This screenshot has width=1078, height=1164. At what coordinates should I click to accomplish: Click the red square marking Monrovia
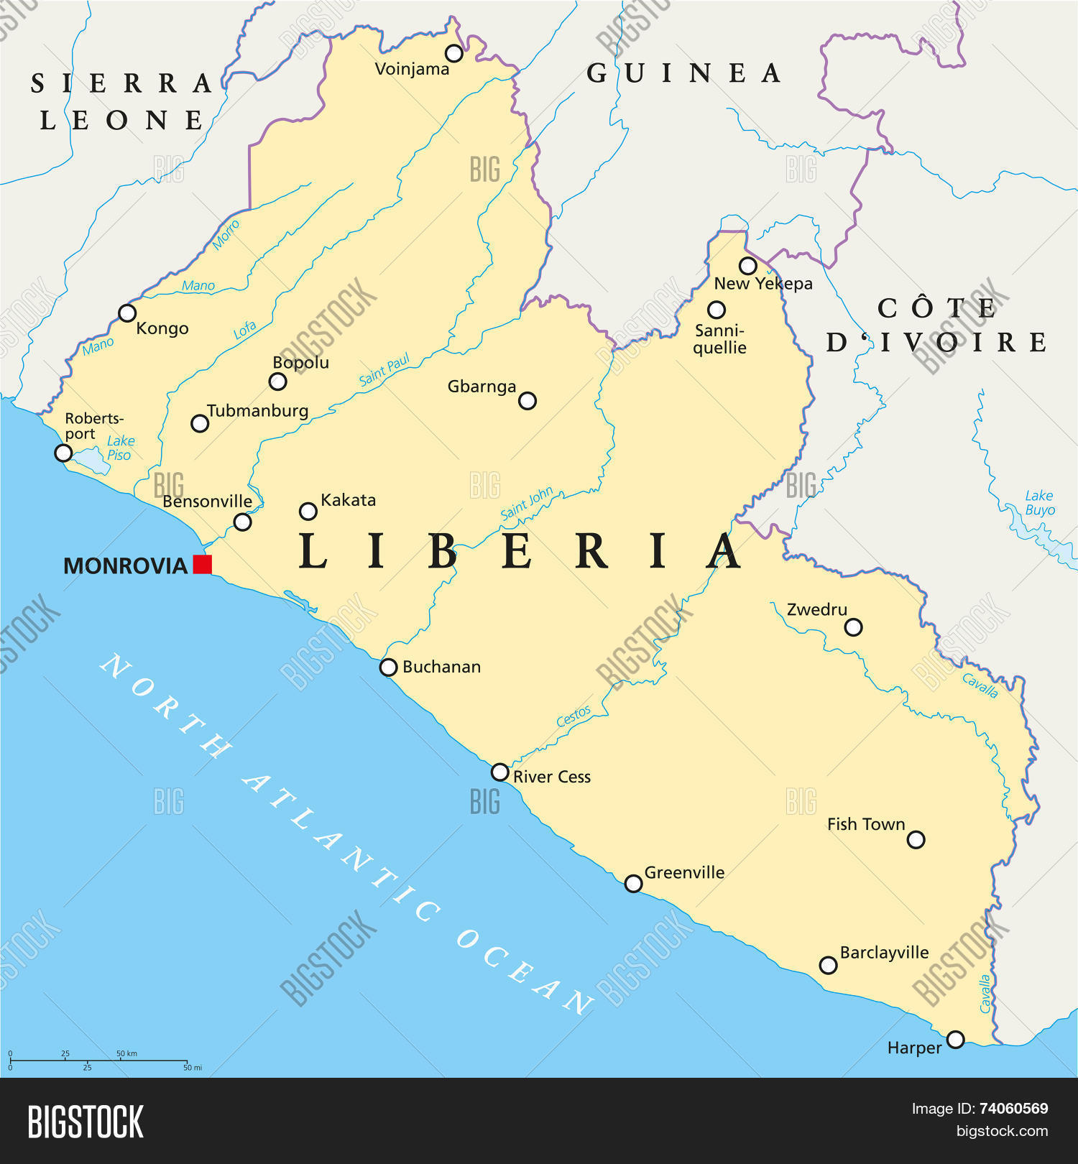tap(203, 565)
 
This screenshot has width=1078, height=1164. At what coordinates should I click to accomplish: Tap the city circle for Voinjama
tap(453, 53)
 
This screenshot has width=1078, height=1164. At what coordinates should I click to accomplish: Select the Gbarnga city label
tap(482, 387)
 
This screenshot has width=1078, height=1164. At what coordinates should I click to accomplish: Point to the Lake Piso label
tap(120, 448)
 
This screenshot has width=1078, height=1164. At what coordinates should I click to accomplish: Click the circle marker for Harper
tap(955, 1039)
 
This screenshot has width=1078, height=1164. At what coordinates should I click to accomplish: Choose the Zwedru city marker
tap(853, 627)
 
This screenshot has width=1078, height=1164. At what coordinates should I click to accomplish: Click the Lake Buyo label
tap(1039, 502)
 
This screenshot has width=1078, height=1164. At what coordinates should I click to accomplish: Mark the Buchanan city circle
tap(388, 668)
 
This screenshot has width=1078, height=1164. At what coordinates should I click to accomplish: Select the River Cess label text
tap(551, 777)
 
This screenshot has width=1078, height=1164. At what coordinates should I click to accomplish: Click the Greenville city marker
tap(633, 883)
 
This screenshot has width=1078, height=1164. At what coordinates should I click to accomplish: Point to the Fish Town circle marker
tap(916, 839)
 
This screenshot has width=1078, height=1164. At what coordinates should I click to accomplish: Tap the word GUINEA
tap(683, 73)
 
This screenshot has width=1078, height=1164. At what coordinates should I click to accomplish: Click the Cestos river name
tap(573, 716)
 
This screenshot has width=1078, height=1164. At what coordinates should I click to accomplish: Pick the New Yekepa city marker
tap(748, 266)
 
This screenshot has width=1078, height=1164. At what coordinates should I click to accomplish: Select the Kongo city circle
tap(127, 313)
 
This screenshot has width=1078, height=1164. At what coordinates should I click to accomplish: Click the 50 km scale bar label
tap(126, 1053)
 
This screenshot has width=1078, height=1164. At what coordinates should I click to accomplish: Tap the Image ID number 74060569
tap(1013, 1109)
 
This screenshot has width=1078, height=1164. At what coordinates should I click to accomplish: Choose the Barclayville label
tap(884, 953)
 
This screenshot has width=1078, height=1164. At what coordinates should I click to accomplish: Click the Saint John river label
tap(526, 503)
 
